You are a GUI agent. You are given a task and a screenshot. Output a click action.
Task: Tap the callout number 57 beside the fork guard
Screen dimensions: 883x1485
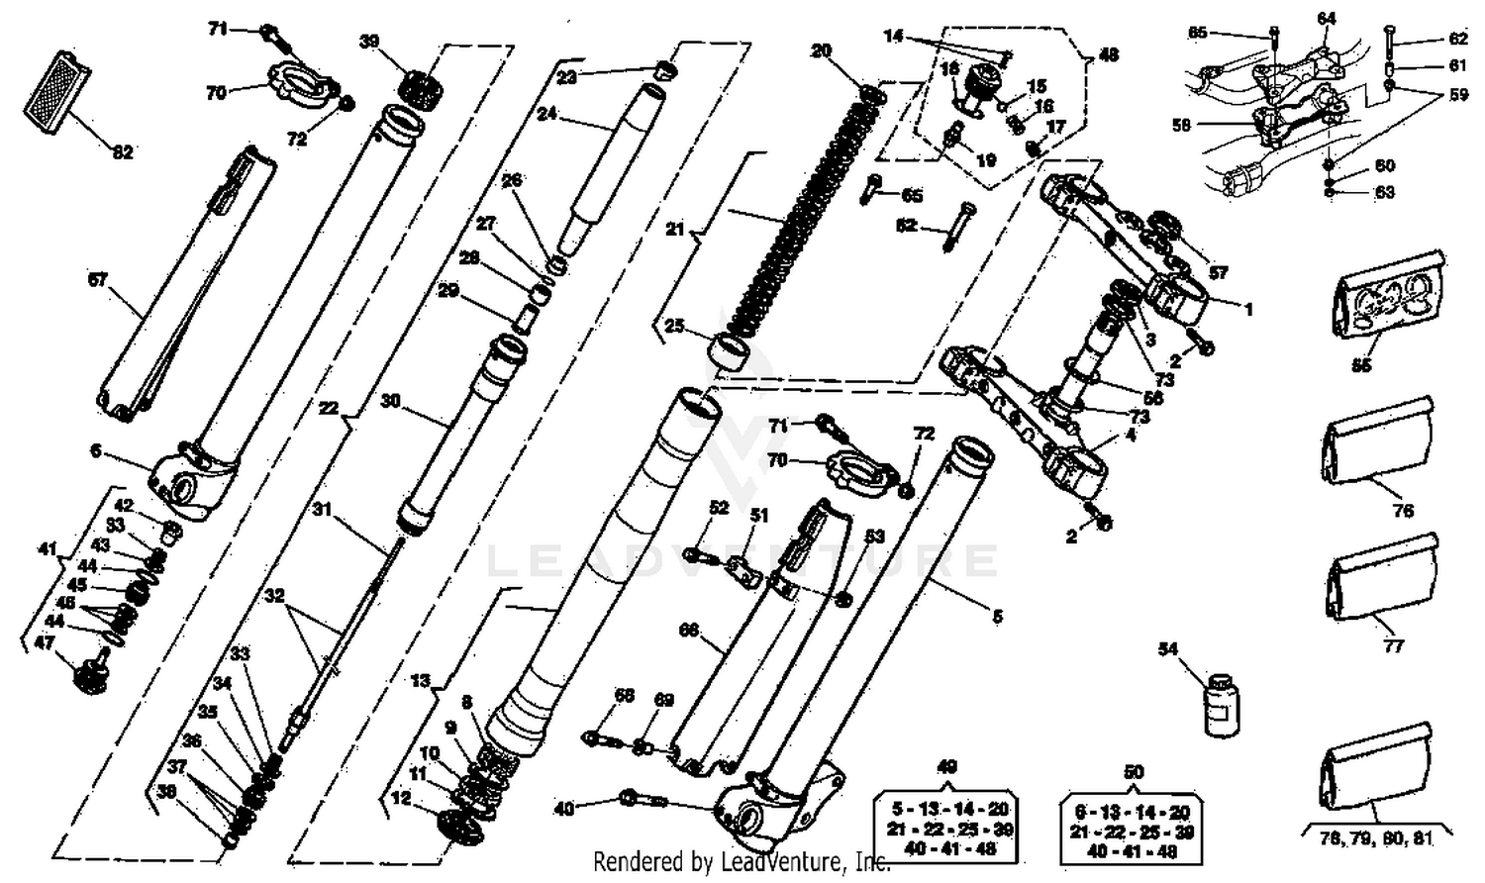[96, 280]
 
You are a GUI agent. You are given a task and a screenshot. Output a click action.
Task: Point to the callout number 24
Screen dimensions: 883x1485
[546, 114]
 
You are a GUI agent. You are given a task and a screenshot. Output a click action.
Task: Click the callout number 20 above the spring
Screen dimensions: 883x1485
[821, 51]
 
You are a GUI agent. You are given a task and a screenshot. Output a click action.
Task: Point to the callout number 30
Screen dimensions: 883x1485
[390, 401]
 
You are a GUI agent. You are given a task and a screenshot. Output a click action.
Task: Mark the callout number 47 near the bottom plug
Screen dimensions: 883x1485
[44, 642]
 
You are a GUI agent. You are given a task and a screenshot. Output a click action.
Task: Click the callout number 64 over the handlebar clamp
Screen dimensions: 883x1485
[1326, 18]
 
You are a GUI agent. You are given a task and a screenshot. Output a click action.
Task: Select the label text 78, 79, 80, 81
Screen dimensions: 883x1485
[1376, 837]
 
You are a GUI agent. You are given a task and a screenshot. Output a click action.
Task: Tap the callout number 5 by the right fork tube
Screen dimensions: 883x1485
[997, 617]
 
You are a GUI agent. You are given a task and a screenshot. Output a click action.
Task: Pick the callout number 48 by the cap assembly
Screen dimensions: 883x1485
[1109, 54]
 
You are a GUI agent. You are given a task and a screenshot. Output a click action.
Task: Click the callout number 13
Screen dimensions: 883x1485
[421, 680]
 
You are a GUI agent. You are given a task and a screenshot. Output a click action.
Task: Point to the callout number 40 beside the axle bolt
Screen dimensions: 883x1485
[563, 809]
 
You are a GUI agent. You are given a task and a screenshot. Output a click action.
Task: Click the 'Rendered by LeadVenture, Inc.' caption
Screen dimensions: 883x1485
[742, 862]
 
